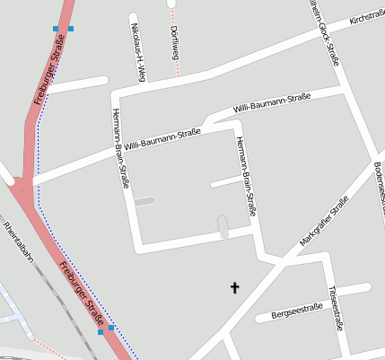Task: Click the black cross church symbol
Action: (x=236, y=287)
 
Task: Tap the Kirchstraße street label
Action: (x=366, y=17)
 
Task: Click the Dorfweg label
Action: (x=174, y=42)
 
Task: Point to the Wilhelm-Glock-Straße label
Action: (x=324, y=33)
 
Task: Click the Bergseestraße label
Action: (x=296, y=311)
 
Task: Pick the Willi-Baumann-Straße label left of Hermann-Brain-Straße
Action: (x=162, y=139)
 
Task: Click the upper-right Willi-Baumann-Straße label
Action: (x=271, y=101)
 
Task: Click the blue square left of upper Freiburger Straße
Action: (x=56, y=29)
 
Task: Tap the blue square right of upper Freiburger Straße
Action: (x=71, y=29)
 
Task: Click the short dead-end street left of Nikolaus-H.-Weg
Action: (x=76, y=85)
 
